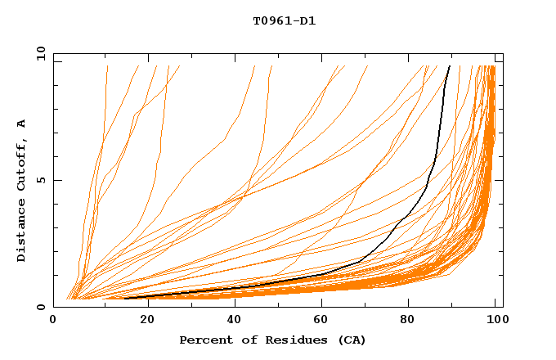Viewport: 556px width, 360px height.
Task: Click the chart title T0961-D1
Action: click(284, 21)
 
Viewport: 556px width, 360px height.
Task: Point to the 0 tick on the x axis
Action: click(53, 320)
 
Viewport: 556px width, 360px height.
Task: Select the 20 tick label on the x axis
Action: click(142, 320)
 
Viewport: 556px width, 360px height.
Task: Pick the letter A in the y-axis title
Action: click(22, 123)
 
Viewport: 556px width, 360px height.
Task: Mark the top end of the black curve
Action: click(449, 66)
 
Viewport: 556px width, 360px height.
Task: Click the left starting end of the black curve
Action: click(125, 299)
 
